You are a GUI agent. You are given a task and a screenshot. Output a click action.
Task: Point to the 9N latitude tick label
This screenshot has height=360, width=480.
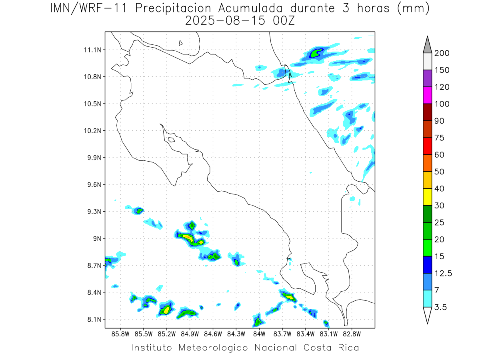97,238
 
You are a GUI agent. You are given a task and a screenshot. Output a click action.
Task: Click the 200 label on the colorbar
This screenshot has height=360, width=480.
442,53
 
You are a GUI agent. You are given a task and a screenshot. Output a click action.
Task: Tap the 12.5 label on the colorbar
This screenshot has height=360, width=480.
443,273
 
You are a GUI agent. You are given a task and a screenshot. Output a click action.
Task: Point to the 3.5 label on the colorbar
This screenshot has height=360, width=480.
440,307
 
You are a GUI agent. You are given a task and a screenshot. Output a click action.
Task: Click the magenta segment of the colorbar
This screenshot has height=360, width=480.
427,95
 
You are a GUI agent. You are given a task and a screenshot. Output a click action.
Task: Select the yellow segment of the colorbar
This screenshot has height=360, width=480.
427,197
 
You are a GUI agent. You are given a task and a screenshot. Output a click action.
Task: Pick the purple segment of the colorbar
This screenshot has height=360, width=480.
427,78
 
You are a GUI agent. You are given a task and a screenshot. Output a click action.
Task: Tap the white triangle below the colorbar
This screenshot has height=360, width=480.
427,315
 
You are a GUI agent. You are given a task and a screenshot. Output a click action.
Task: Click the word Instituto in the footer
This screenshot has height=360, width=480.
152,348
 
